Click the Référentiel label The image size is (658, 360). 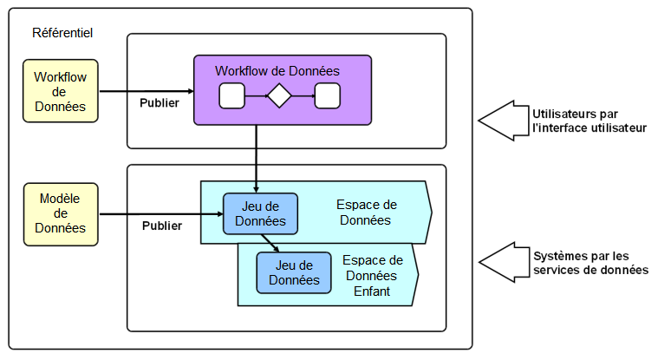tap(62, 33)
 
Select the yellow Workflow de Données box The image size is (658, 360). tap(60, 91)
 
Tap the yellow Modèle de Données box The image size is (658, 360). tap(60, 213)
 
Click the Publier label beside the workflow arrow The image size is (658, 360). tap(160, 102)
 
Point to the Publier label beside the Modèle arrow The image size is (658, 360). tap(162, 226)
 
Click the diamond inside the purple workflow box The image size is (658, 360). tap(278, 95)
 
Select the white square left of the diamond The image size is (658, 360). tap(232, 95)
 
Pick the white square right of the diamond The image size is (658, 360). tap(327, 95)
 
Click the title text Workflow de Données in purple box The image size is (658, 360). tap(277, 70)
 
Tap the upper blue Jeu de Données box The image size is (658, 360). tap(260, 213)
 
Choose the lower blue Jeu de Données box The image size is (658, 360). tap(294, 272)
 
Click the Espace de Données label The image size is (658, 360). tap(367, 213)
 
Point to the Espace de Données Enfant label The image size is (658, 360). tap(373, 275)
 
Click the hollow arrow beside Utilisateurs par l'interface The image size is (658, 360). tap(503, 121)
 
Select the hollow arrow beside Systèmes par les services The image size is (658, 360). tap(503, 261)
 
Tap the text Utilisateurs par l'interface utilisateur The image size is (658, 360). tap(590, 121)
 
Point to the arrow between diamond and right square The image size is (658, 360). tap(303, 95)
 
